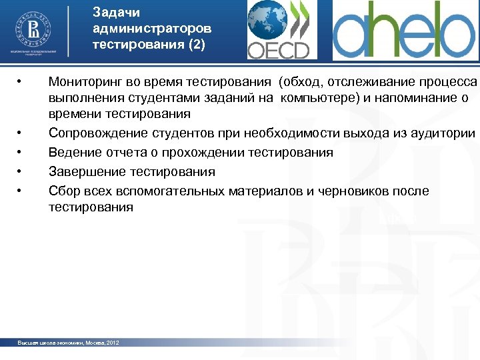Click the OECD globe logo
coord(278,30)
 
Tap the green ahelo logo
coord(405,31)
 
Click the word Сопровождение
coord(93,133)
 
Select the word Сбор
coord(63,191)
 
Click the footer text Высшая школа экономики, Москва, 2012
coord(68,343)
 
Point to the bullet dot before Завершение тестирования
coord(21,172)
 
